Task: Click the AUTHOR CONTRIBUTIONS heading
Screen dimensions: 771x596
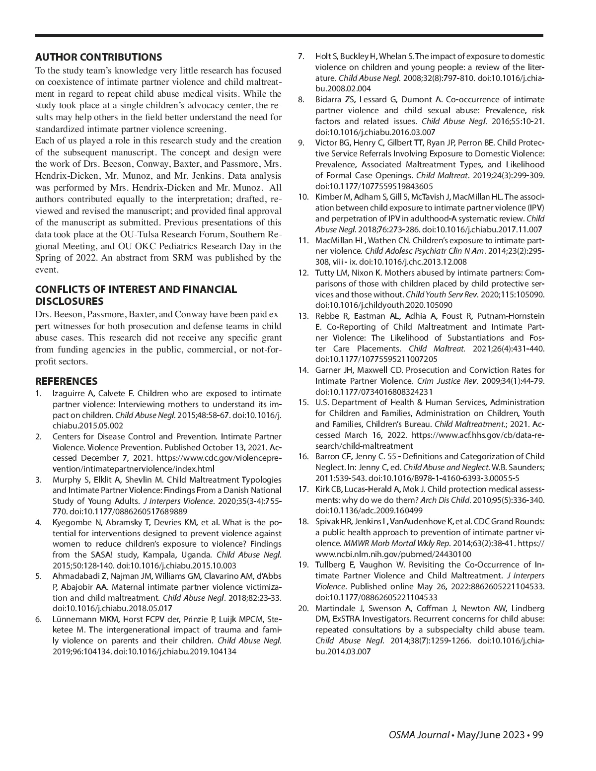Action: [98, 57]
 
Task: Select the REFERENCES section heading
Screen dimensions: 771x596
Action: [66, 381]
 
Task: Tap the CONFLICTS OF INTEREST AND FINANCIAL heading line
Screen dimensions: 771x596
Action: [136, 289]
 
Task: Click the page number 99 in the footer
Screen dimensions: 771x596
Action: [538, 734]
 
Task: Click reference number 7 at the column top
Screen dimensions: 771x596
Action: [301, 57]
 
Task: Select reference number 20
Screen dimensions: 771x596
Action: [303, 608]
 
